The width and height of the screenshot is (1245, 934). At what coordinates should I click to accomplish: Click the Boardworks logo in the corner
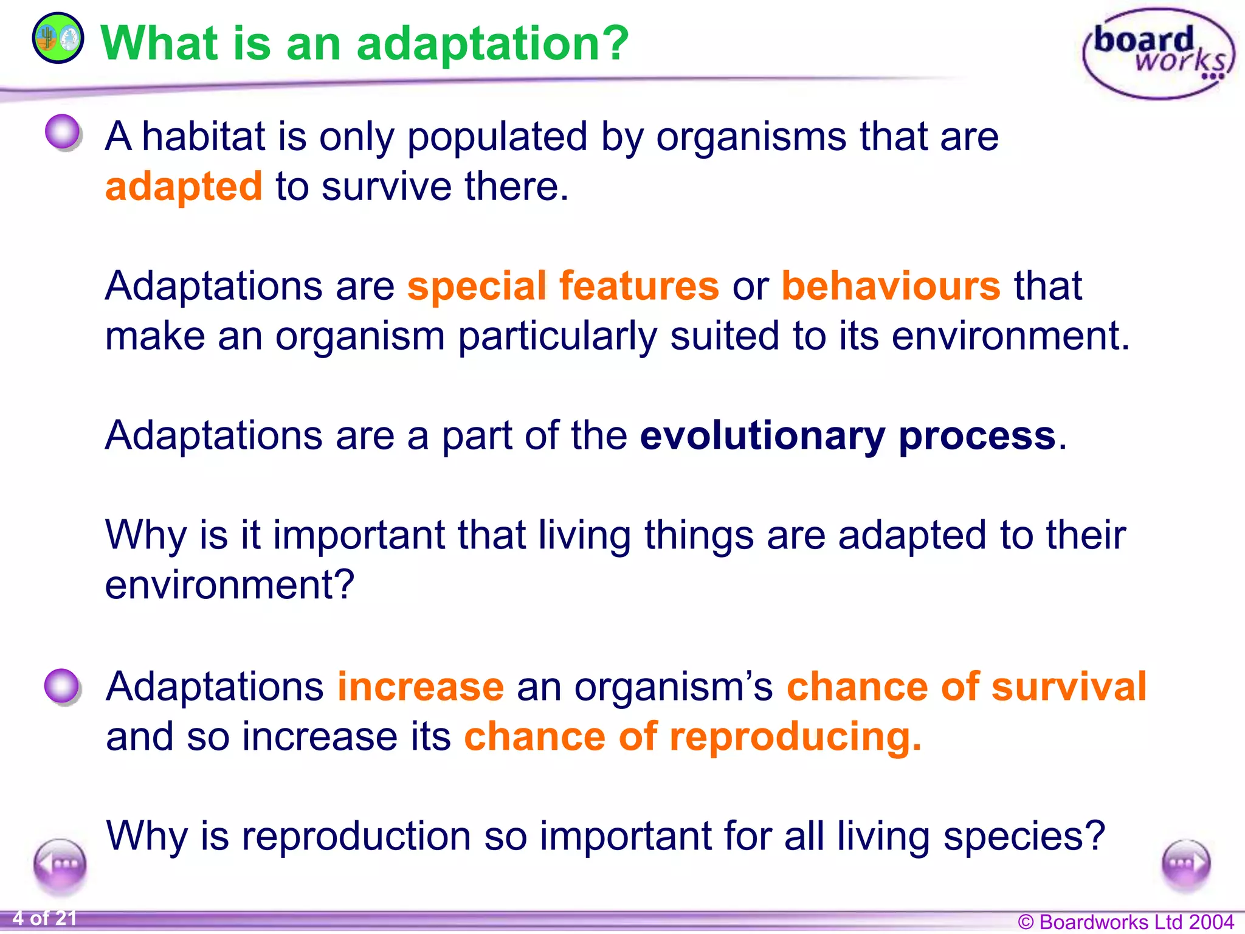coord(1159,54)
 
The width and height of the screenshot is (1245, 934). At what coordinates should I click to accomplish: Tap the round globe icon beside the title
coord(58,38)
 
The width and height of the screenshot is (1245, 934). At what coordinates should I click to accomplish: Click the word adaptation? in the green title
coord(492,44)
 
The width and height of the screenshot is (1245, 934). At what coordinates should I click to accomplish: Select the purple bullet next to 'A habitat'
coord(63,132)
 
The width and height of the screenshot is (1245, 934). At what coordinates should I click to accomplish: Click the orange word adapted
coord(184,187)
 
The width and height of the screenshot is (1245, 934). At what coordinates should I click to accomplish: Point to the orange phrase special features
coord(563,286)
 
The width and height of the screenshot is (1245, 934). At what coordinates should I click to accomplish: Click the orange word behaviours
coord(891,286)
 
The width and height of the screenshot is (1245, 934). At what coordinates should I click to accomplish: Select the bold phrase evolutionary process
coord(848,435)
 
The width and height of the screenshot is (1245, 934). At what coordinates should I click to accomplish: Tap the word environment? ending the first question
coord(230,585)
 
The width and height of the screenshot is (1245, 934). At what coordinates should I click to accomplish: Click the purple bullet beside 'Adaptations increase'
coord(63,687)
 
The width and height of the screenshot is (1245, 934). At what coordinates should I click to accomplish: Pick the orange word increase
coord(421,687)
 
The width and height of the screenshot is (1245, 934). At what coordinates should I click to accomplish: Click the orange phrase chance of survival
coord(967,687)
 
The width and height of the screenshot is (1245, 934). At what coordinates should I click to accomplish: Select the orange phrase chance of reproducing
coord(693,736)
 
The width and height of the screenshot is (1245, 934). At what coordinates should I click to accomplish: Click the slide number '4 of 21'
coord(44,918)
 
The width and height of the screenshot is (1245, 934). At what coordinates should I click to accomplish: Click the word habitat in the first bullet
coord(204,136)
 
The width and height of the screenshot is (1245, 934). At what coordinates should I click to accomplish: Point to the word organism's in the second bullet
coord(674,687)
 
